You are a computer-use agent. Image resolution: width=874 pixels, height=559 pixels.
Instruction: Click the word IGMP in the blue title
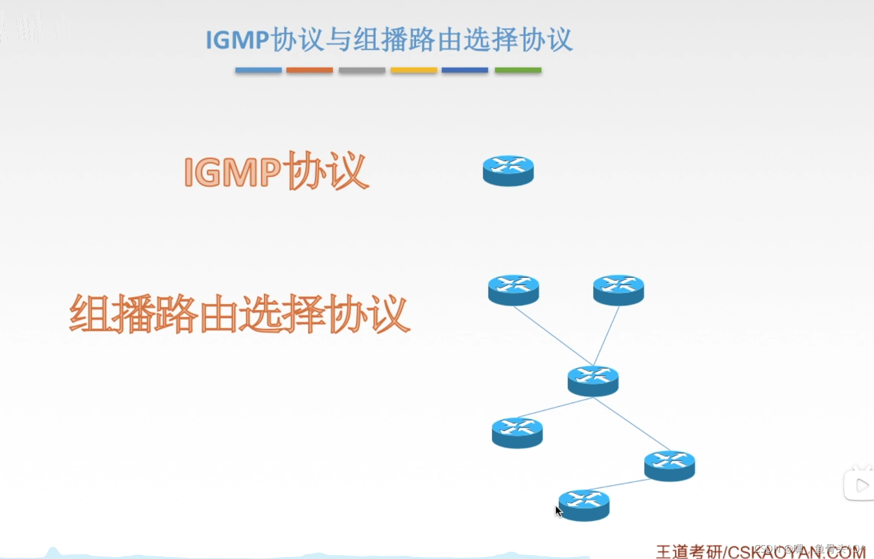pos(237,40)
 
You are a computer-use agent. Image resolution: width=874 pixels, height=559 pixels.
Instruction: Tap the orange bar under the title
pos(309,70)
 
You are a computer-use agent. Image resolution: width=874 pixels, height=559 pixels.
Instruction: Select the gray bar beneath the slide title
pos(362,70)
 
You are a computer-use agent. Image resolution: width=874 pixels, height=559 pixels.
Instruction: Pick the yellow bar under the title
pos(413,70)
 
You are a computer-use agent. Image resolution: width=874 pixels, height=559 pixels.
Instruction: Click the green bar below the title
pos(518,70)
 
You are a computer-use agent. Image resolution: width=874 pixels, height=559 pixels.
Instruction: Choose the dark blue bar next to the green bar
pos(464,70)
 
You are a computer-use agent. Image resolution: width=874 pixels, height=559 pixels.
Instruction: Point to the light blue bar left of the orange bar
pos(258,70)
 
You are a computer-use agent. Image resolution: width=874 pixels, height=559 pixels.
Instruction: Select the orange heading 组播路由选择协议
pos(239,314)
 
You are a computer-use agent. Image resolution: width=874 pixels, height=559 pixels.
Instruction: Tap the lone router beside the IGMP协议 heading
pos(508,171)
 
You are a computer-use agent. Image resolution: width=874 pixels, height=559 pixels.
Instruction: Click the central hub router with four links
pos(593,381)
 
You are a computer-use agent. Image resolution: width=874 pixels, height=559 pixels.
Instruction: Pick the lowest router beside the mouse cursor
pos(584,505)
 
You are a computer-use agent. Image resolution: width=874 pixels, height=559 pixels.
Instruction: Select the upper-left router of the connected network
pos(514,290)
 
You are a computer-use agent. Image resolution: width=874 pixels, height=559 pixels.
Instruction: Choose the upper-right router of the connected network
pos(619,290)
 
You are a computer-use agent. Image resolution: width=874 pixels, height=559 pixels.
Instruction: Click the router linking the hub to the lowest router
pos(669,466)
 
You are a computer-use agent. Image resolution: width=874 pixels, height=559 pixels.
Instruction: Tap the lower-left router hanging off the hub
pos(517,432)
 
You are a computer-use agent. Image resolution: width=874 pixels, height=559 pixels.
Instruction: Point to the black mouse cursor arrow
pos(558,511)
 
